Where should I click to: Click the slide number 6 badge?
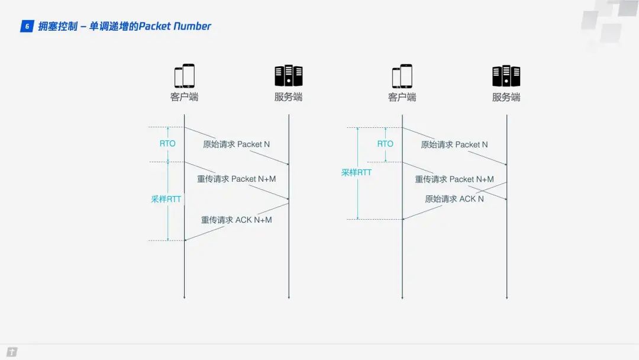coord(27,26)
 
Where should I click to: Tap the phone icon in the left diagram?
coord(184,76)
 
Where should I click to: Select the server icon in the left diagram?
coord(288,76)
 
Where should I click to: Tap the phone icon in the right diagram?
coord(402,76)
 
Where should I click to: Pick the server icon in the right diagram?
coord(506,76)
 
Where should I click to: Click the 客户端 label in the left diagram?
coord(184,97)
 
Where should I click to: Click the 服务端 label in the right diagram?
coord(506,97)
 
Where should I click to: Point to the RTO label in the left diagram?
coord(167,144)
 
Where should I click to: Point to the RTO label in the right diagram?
coord(385,144)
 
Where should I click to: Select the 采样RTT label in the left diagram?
coord(166,200)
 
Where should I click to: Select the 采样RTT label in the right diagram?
coord(357,173)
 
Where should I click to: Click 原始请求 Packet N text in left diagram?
coord(237,144)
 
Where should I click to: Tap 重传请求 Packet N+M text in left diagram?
coord(237,179)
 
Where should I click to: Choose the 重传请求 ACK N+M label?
coord(237,220)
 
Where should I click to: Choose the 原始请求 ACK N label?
coord(454,199)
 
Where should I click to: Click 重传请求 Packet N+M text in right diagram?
coord(454,179)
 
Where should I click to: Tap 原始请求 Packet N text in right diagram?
coord(454,144)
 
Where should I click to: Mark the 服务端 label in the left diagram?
coord(288,97)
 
